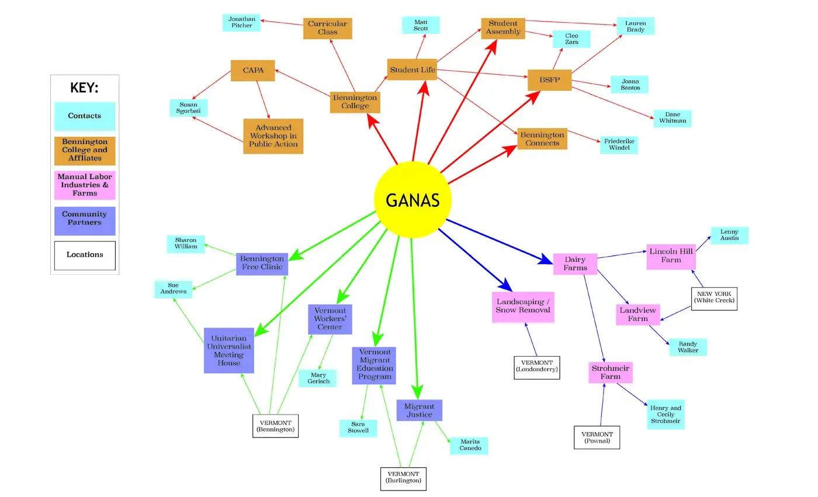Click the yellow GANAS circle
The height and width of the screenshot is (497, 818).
413,200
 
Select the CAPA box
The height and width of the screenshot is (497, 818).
252,71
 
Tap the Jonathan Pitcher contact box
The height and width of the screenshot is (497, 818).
241,22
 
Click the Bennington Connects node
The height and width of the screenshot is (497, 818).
542,139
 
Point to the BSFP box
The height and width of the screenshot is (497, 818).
549,80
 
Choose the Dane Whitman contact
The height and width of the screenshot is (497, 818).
672,118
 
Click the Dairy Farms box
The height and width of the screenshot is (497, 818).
575,264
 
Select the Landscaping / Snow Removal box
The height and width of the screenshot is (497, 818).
523,306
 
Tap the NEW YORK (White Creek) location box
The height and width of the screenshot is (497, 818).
714,298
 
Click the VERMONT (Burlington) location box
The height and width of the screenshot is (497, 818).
403,478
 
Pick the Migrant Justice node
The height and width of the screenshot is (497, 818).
419,410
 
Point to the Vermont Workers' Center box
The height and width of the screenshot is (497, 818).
330,319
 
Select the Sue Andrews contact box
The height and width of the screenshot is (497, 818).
173,289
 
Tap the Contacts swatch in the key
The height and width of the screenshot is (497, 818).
85,116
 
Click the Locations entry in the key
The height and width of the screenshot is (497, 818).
85,255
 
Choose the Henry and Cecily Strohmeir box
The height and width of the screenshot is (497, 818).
666,415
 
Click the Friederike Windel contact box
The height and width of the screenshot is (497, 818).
619,144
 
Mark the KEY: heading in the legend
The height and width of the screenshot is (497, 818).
84,88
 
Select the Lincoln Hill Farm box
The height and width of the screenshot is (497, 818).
671,256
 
